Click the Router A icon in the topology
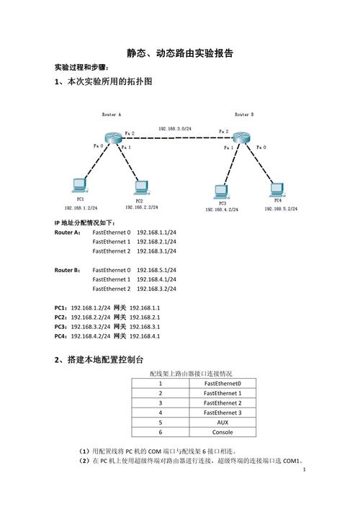click(112, 138)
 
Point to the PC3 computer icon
click(221, 192)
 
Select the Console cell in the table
click(222, 433)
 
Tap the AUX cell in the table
click(222, 423)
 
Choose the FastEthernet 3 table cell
click(222, 413)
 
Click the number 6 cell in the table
click(161, 433)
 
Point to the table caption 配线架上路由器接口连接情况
click(191, 374)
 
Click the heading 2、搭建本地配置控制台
click(99, 359)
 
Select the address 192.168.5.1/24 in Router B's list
click(156, 270)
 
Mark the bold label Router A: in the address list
click(68, 233)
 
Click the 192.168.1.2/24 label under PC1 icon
click(81, 207)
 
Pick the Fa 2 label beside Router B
click(222, 132)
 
